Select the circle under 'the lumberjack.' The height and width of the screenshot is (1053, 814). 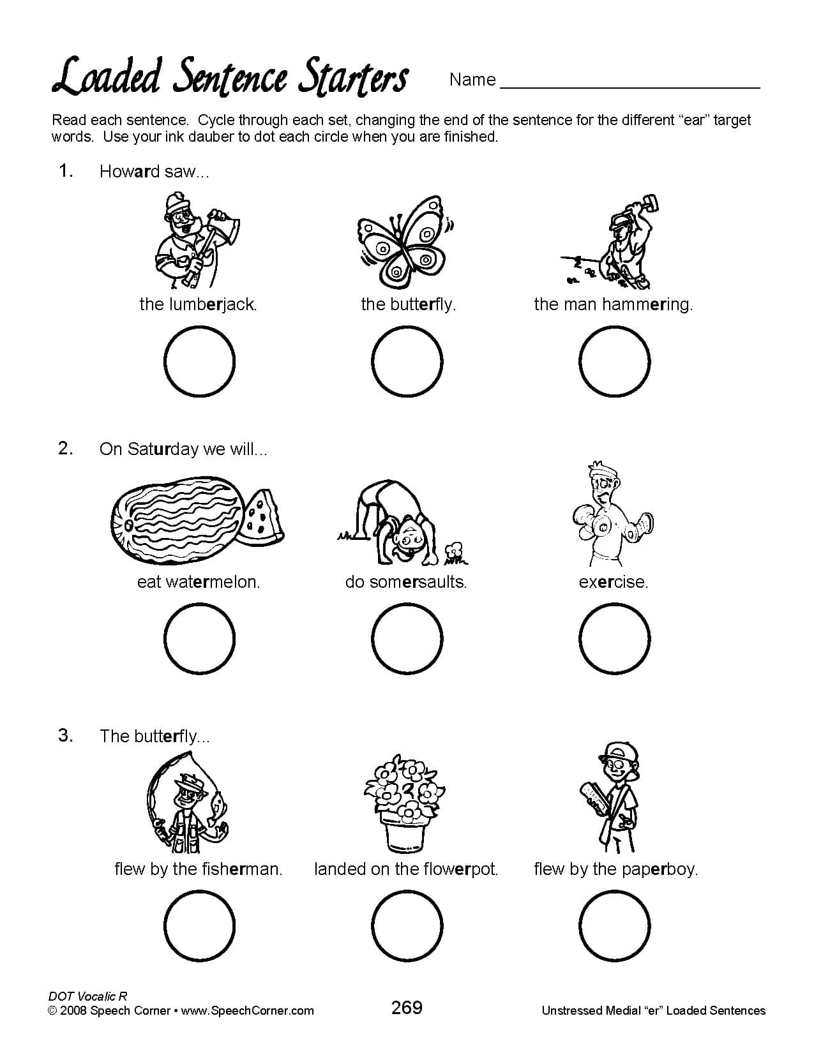coord(199,361)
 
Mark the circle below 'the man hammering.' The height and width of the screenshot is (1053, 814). coord(614,361)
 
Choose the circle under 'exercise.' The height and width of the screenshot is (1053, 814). coord(614,638)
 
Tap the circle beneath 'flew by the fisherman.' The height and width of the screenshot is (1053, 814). coord(199,925)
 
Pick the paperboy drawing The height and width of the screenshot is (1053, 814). coord(613,798)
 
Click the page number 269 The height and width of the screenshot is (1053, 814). coord(407,1008)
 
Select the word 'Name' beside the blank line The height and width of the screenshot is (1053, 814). coord(472,80)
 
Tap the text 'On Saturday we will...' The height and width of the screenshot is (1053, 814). coord(183,449)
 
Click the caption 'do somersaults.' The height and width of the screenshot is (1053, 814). coord(406,582)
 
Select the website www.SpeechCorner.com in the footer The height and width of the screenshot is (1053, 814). coord(248,1011)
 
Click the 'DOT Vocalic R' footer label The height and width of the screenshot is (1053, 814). coord(87,996)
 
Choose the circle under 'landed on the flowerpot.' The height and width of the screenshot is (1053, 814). coord(407,925)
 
